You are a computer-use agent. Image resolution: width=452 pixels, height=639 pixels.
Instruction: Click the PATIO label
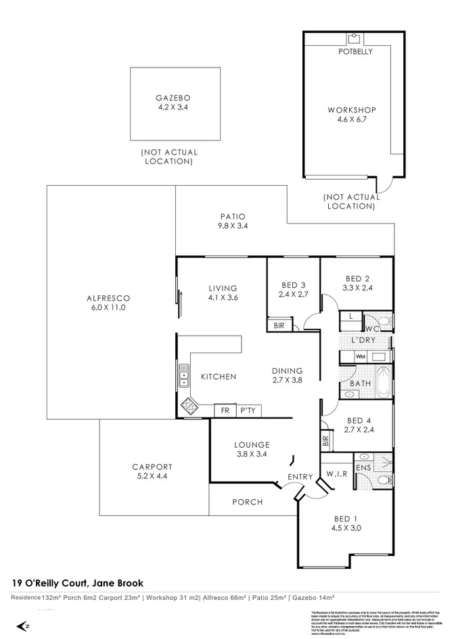point(232,216)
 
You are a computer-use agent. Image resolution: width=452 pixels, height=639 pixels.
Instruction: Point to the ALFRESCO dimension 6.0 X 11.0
point(108,307)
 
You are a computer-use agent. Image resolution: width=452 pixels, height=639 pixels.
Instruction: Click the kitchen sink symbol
point(183,376)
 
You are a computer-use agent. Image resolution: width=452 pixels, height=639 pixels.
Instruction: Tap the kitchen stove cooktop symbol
point(188,407)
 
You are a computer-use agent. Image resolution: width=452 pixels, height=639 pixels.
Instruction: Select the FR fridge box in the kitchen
point(223,410)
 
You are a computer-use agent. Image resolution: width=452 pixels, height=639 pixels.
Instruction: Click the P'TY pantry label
point(247,410)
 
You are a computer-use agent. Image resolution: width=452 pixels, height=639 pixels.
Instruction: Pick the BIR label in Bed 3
point(279,326)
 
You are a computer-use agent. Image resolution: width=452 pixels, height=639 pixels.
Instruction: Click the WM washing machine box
point(360,356)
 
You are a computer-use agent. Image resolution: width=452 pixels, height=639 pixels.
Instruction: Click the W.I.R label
point(336,474)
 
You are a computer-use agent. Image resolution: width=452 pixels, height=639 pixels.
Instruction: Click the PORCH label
point(247,502)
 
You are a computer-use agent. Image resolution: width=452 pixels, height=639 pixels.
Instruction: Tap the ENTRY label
point(300,477)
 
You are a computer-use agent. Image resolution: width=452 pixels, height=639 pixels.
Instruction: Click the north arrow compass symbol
point(25,625)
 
